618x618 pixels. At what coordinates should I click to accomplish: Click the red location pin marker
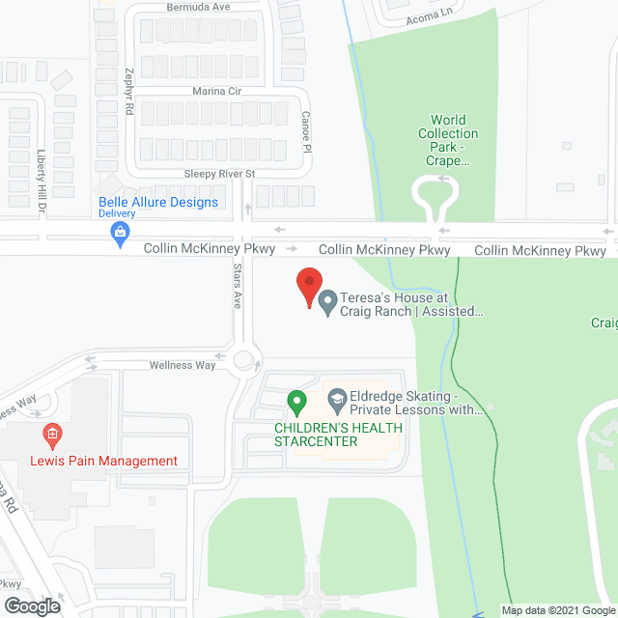pos(308,286)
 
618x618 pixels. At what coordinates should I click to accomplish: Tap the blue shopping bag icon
pos(120,232)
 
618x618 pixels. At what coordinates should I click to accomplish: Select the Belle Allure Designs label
pos(158,203)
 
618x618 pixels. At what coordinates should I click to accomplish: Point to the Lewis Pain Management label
pos(119,461)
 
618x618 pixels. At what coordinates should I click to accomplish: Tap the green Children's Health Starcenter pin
pos(296,400)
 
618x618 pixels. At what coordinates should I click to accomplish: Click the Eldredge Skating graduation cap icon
pos(337,398)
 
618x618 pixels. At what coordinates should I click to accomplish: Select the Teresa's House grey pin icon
pos(327,304)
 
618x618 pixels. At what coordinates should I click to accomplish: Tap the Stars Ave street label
pos(238,288)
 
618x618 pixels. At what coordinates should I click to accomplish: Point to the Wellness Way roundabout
pos(243,361)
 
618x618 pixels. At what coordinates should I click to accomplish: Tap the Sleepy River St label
pos(218,174)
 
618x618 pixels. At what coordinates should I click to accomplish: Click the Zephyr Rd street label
pos(128,92)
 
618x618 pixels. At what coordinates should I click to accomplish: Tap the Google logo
pos(32,605)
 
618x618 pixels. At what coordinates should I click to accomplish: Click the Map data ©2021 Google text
pos(557,609)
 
